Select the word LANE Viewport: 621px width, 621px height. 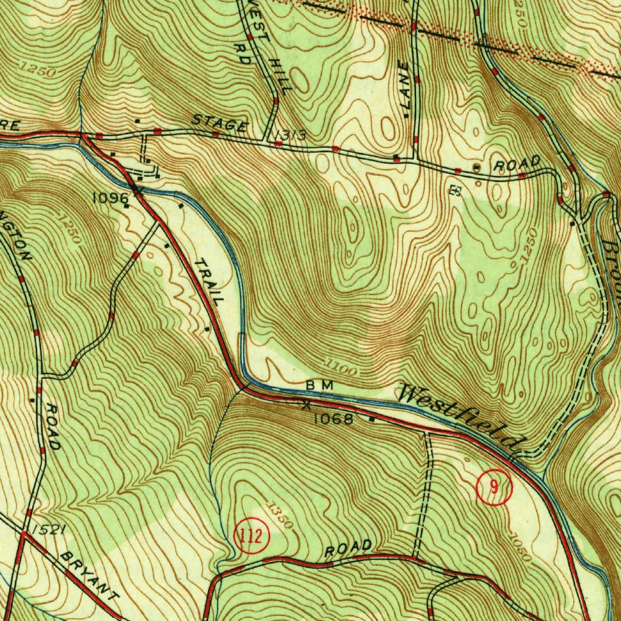point(404,88)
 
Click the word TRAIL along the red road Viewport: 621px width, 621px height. point(209,281)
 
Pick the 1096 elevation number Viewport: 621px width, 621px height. point(110,198)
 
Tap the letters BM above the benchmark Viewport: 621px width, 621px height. point(320,385)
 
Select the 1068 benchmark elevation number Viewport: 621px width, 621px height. point(333,418)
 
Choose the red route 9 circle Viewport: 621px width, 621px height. point(494,488)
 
